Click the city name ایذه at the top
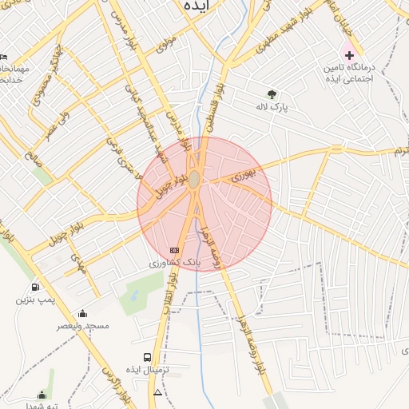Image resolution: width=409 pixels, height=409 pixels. pyautogui.click(x=197, y=6)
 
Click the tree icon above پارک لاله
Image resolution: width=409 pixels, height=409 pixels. pyautogui.click(x=272, y=93)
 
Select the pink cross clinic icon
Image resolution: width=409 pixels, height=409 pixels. pyautogui.click(x=348, y=54)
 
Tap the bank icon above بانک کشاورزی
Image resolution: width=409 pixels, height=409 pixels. pyautogui.click(x=174, y=251)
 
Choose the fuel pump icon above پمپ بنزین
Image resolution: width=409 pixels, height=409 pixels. pyautogui.click(x=34, y=288)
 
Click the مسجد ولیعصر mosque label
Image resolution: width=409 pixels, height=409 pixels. pyautogui.click(x=82, y=326)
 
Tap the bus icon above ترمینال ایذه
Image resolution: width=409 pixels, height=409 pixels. pyautogui.click(x=148, y=357)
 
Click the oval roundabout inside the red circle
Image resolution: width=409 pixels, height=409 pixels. pyautogui.click(x=194, y=181)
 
